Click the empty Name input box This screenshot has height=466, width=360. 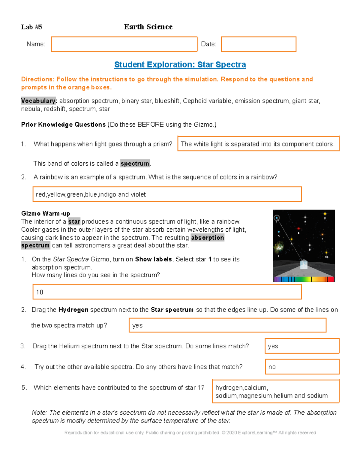tap(124, 44)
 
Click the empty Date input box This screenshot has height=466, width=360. tap(259, 44)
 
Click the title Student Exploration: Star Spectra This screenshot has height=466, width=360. tap(180, 65)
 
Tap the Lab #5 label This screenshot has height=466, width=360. tap(31, 27)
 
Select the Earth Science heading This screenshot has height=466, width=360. tap(148, 27)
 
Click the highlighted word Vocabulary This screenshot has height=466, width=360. tap(39, 101)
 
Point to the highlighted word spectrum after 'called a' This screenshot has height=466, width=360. tap(135, 164)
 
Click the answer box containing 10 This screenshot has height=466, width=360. tap(167, 292)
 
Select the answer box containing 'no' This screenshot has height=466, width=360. tap(302, 367)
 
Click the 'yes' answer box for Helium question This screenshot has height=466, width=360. tap(302, 346)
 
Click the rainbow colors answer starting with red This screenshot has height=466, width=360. tap(167, 194)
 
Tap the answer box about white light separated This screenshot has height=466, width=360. tap(258, 144)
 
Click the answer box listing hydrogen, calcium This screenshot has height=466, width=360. tap(275, 391)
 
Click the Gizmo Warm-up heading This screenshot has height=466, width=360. tap(46, 214)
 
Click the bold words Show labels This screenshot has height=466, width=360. tap(153, 259)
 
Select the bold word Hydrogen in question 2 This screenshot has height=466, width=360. tap(73, 310)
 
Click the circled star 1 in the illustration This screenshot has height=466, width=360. tap(277, 218)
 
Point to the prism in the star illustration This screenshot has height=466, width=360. tap(304, 264)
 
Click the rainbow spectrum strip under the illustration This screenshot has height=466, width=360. tap(304, 279)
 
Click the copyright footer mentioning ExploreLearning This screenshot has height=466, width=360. tap(190, 433)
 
